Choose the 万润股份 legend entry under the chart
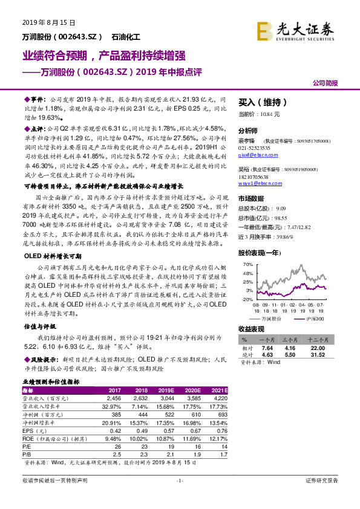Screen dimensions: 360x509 270,318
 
